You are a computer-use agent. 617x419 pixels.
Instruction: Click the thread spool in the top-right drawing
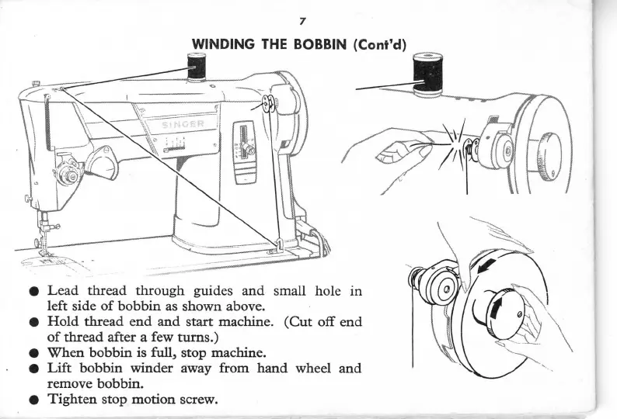[x=427, y=74]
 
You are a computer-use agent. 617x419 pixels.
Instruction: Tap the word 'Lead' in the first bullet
[x=66, y=293]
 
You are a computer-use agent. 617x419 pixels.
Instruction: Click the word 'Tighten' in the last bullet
[x=76, y=400]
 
